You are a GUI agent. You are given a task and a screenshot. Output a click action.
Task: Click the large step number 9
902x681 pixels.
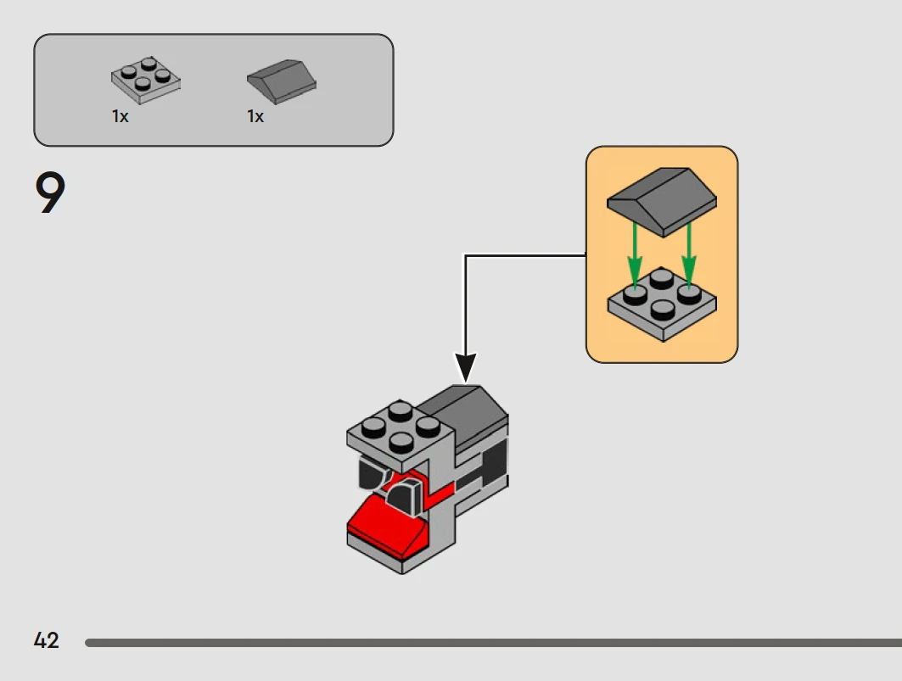[50, 193]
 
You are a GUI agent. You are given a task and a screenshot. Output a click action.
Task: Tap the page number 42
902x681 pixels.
[47, 640]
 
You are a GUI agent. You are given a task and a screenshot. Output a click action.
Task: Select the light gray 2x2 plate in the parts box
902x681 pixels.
[146, 80]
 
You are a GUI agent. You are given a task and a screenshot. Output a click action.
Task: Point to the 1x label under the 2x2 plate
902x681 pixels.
[120, 117]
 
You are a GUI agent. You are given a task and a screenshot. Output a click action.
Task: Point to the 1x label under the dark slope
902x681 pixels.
[255, 117]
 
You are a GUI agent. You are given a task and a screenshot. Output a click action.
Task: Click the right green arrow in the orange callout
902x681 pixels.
[689, 251]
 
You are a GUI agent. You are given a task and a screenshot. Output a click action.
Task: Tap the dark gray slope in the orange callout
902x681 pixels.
[662, 200]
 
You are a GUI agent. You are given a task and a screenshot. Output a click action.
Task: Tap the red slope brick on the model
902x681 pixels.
[386, 522]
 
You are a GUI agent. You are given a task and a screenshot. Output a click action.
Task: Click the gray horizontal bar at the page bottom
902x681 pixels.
[492, 643]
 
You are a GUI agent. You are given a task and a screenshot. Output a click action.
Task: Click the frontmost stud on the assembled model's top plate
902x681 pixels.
[399, 441]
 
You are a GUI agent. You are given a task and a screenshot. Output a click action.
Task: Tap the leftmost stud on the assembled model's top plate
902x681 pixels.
[372, 427]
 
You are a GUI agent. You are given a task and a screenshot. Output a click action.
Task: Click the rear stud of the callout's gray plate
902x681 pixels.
[661, 277]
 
